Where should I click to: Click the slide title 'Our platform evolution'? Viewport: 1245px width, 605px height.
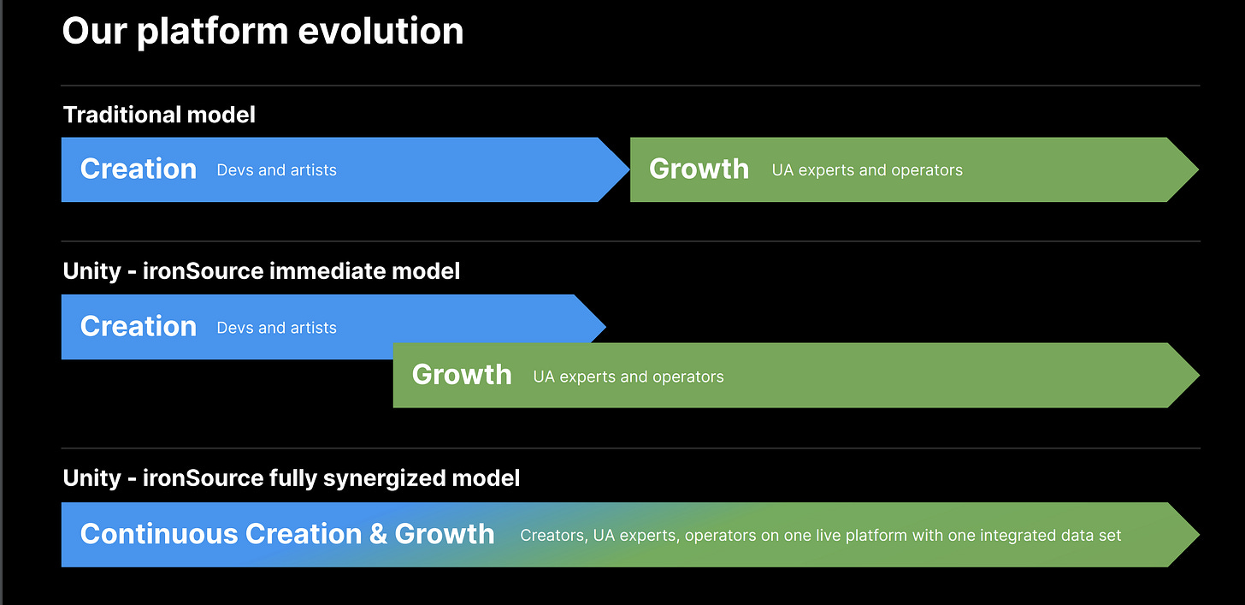[x=263, y=32]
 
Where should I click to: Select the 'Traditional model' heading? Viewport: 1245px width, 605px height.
[x=159, y=115]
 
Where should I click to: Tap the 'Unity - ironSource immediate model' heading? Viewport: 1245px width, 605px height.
[x=262, y=271]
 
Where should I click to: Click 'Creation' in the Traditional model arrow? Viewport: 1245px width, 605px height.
[x=139, y=169]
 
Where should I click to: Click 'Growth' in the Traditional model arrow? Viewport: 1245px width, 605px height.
[x=699, y=169]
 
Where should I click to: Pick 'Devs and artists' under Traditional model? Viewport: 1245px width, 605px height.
[x=276, y=170]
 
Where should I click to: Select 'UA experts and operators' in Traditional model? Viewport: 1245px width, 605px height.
[x=867, y=170]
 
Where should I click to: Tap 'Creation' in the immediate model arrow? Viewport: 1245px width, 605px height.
[x=139, y=327]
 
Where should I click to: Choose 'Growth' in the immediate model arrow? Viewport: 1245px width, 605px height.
[x=462, y=375]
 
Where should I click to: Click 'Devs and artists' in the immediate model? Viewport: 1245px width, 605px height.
[x=276, y=328]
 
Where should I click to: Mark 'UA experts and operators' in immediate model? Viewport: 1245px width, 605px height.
[x=628, y=377]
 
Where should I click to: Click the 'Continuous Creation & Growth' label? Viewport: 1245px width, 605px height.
[x=287, y=534]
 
